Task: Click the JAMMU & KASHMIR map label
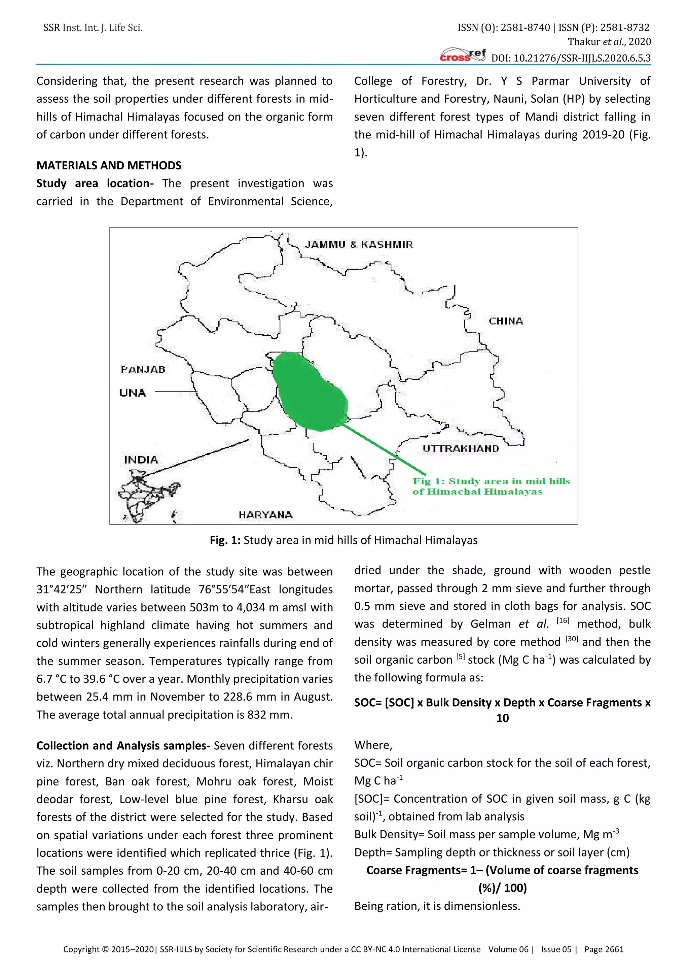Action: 359,245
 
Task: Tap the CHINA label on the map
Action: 506,321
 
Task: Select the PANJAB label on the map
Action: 143,369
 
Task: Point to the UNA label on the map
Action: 132,393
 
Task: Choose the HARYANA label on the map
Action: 265,515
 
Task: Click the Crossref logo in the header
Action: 463,56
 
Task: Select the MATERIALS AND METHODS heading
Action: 109,166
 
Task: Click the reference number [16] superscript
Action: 563,621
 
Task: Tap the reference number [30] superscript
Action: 572,639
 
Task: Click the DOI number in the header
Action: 571,58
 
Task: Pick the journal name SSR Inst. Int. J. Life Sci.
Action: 93,28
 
